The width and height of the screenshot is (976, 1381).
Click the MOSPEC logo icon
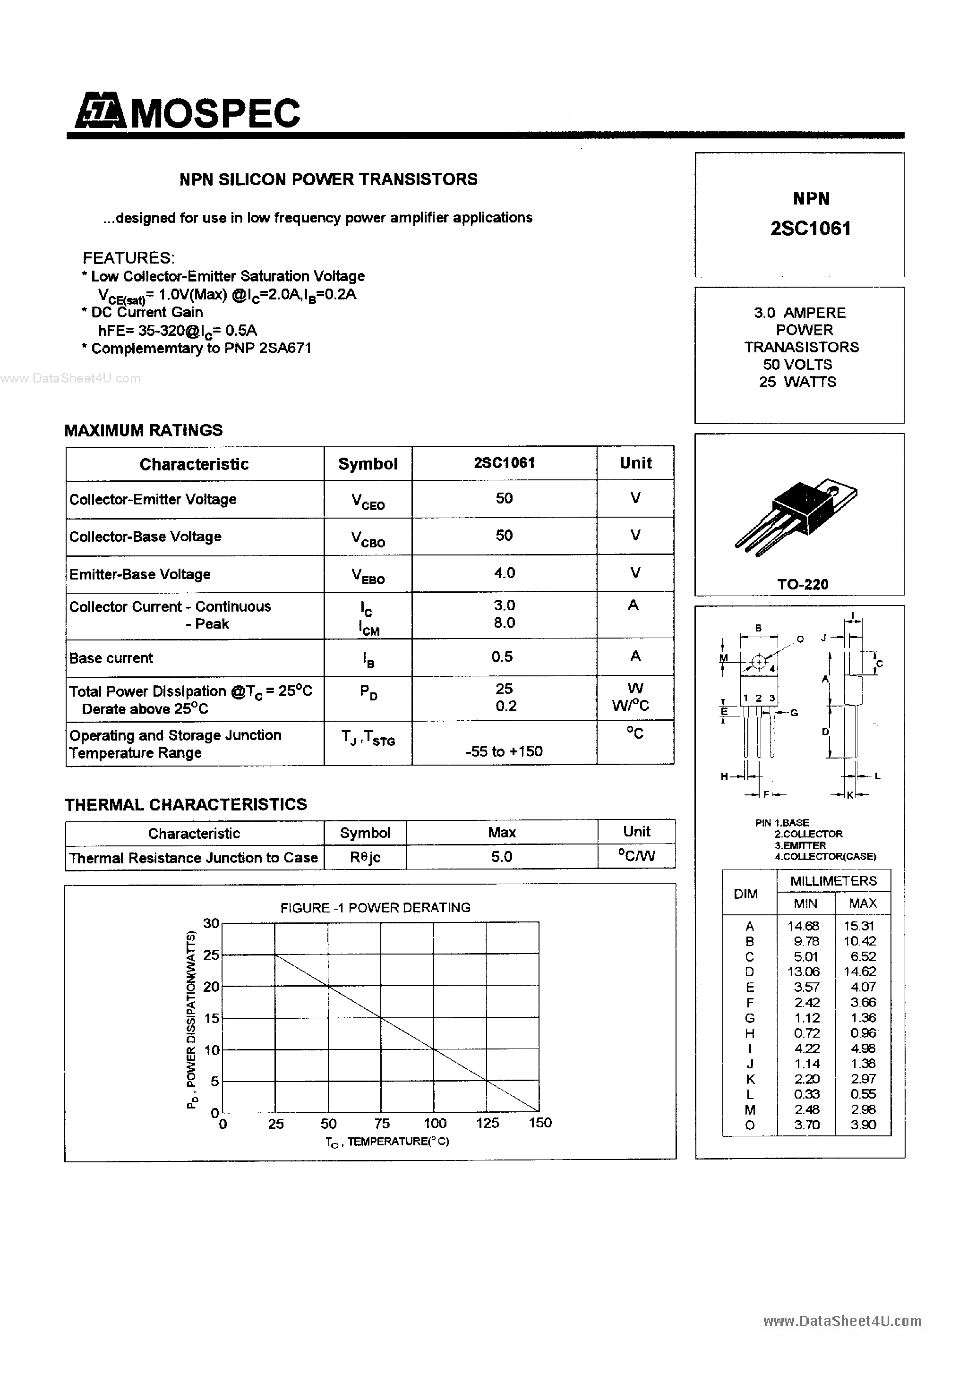click(x=100, y=112)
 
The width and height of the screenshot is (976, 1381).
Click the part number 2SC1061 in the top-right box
click(x=811, y=229)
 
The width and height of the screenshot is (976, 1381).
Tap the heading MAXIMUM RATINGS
click(x=143, y=430)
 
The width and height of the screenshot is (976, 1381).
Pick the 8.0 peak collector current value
click(x=504, y=622)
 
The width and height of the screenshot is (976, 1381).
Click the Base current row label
click(x=111, y=657)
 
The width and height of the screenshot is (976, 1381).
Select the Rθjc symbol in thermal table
click(x=365, y=857)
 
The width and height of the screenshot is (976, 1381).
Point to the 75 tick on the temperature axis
click(x=382, y=1123)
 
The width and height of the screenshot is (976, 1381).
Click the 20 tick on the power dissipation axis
click(x=211, y=987)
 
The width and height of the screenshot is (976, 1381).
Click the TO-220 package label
click(x=802, y=584)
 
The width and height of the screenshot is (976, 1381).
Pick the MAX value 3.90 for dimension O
click(x=863, y=1124)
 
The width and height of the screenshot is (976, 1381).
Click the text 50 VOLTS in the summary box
click(x=797, y=365)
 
